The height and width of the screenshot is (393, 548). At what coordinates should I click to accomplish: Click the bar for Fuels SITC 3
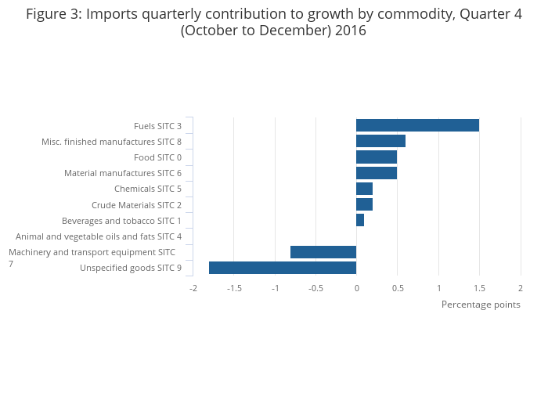click(417, 125)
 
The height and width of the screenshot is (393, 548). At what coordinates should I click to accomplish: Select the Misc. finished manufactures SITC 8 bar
click(380, 141)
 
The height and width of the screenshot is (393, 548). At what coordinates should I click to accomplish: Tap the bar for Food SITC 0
click(377, 157)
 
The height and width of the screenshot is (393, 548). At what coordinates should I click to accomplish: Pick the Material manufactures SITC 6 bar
click(377, 173)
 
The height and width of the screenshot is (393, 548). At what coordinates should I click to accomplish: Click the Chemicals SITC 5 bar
click(364, 189)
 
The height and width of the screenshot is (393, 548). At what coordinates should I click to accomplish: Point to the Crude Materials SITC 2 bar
click(364, 204)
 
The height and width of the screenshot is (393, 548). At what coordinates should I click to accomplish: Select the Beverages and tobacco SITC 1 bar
click(360, 221)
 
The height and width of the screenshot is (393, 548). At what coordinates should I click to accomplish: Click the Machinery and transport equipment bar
click(323, 252)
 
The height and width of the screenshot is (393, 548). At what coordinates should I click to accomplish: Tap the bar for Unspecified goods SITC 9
click(283, 268)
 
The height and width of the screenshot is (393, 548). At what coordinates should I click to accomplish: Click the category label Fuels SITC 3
click(157, 126)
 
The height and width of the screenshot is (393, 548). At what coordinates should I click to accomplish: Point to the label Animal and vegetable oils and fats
click(99, 236)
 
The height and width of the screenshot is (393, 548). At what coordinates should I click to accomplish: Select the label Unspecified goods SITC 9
click(131, 269)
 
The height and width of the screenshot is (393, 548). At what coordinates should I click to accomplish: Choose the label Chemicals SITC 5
click(148, 189)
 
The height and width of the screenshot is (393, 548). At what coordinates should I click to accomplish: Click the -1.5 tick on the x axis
click(234, 288)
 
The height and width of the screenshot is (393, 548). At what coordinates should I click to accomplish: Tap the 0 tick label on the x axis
click(356, 288)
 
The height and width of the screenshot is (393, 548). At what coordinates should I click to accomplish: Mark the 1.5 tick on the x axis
click(479, 288)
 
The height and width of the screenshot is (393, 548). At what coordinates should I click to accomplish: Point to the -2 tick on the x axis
click(193, 288)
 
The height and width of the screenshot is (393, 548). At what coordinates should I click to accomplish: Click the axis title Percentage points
click(481, 305)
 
